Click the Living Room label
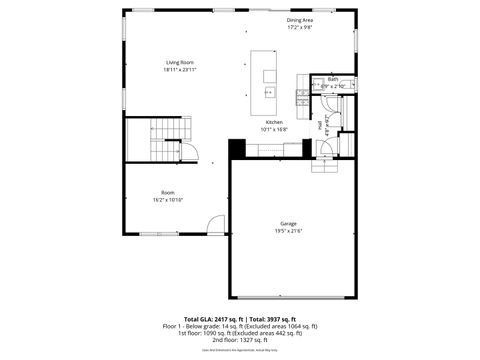click(x=180, y=62)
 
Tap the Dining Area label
click(x=300, y=20)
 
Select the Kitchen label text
click(x=274, y=122)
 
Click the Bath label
click(x=332, y=79)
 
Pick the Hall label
click(x=320, y=127)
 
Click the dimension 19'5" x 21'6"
click(x=288, y=231)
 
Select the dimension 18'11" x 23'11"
click(x=180, y=70)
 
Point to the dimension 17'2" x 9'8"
click(x=300, y=28)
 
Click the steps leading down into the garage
click(x=326, y=164)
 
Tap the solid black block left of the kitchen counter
click(x=237, y=149)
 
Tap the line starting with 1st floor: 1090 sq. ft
click(x=239, y=333)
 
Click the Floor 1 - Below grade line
click(x=239, y=326)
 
